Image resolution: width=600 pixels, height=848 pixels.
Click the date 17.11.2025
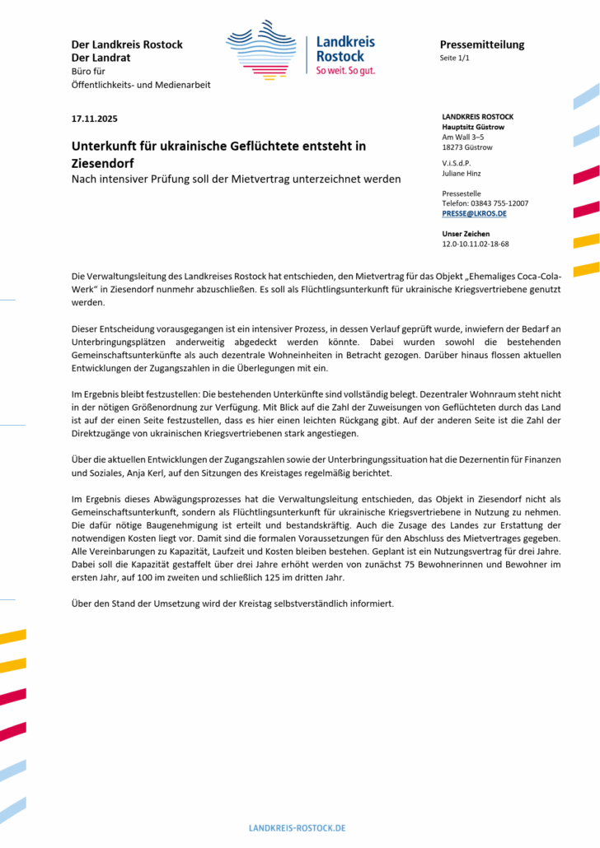pyautogui.click(x=95, y=119)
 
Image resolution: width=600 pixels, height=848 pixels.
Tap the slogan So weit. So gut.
pyautogui.click(x=345, y=71)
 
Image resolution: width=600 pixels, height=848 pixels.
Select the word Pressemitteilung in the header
pyautogui.click(x=481, y=44)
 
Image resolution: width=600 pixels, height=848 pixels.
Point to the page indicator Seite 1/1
pyautogui.click(x=457, y=58)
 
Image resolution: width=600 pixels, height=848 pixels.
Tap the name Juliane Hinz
pyautogui.click(x=463, y=173)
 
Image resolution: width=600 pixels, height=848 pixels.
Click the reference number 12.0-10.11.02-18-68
pyautogui.click(x=476, y=244)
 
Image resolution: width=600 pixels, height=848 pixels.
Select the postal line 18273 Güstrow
pyautogui.click(x=467, y=147)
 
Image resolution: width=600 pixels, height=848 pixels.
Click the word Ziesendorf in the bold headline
pyautogui.click(x=105, y=163)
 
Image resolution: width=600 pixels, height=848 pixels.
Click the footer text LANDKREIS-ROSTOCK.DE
pyautogui.click(x=298, y=827)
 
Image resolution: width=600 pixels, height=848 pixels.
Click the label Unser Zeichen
pyautogui.click(x=466, y=233)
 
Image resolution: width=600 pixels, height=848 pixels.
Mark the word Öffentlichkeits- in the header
pyautogui.click(x=105, y=85)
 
